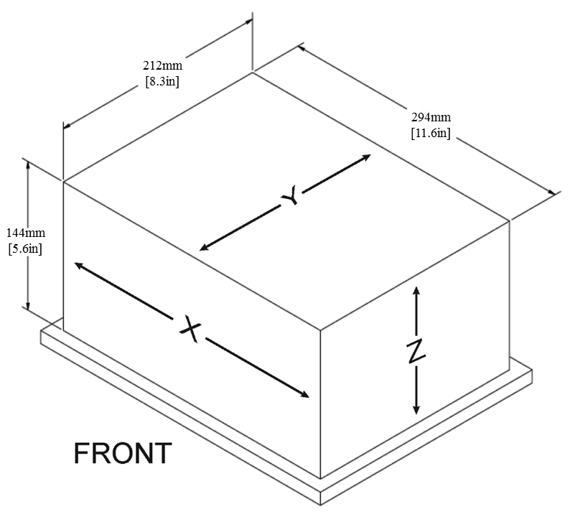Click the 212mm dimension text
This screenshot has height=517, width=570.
click(162, 67)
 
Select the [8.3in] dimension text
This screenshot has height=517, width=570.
click(162, 81)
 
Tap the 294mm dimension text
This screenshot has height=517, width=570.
click(431, 118)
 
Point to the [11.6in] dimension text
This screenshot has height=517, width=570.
click(431, 133)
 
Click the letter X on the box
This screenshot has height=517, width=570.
click(190, 330)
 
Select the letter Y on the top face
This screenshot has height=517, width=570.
click(289, 196)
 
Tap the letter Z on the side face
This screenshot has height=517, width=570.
click(415, 350)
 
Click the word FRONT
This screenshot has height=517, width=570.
click(123, 454)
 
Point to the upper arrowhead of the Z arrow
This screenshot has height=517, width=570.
click(416, 289)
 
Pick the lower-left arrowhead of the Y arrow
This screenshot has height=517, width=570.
click(204, 248)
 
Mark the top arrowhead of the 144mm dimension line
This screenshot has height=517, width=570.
click(28, 164)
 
